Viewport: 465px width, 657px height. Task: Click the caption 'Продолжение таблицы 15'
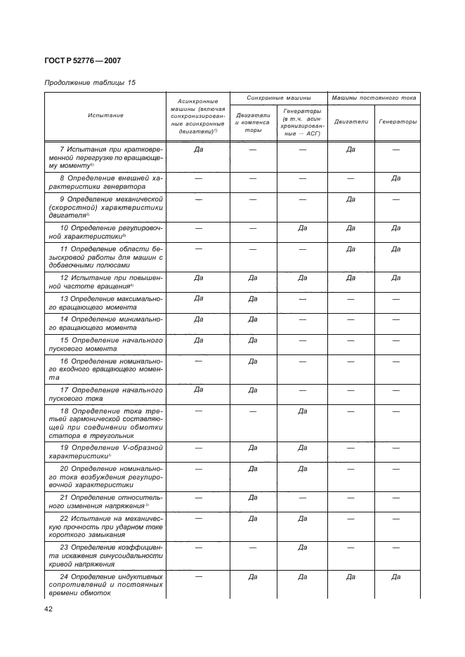tap(89, 82)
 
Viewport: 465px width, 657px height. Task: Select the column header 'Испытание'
tap(105, 115)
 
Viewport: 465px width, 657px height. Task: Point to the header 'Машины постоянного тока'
tap(373, 98)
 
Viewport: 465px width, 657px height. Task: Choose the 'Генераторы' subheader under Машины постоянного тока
tap(397, 121)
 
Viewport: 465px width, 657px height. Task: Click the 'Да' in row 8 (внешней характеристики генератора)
tap(396, 178)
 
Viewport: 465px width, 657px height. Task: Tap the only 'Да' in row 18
tap(302, 411)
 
